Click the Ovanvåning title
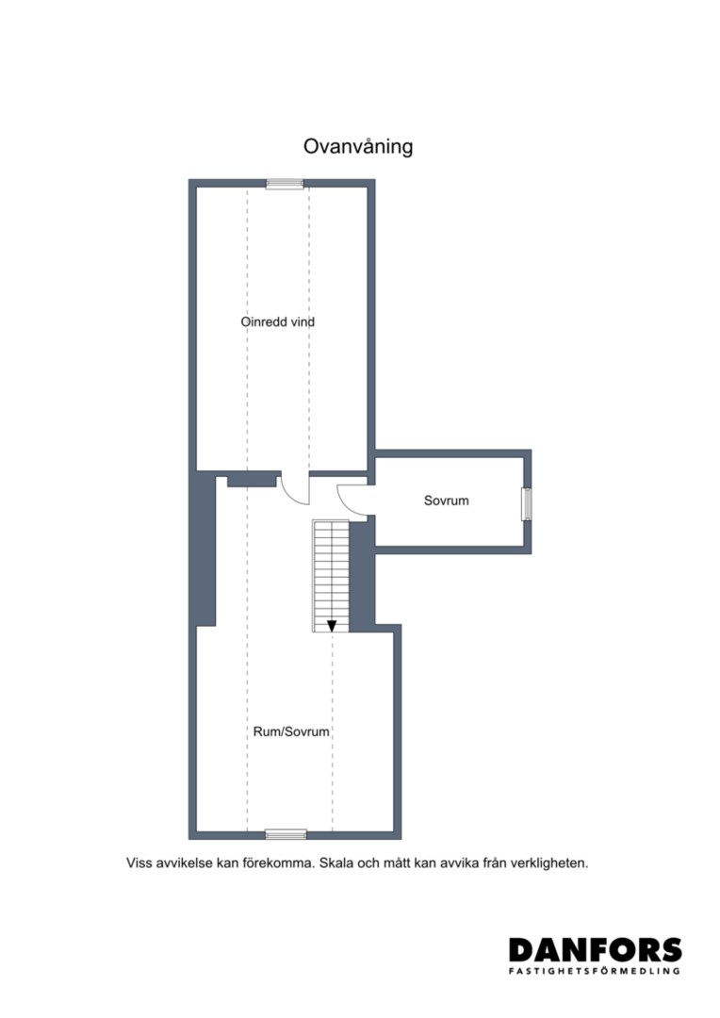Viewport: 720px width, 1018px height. click(x=358, y=147)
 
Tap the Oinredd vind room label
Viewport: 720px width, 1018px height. click(x=278, y=321)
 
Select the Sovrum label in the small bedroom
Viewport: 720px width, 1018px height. click(x=446, y=501)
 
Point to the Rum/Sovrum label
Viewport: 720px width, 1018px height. click(x=291, y=731)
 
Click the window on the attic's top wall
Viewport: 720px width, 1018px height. click(x=285, y=184)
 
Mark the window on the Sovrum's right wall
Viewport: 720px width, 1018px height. click(x=527, y=503)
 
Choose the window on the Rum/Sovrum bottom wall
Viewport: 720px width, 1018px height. click(x=286, y=834)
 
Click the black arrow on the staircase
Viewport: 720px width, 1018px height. click(x=332, y=626)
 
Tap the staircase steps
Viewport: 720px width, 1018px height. click(x=331, y=576)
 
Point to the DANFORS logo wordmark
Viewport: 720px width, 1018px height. click(x=596, y=950)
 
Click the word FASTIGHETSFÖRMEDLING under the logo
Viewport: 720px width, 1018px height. click(x=595, y=971)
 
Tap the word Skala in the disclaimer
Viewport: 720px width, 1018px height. click(x=335, y=863)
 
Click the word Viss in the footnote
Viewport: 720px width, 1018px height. click(x=139, y=863)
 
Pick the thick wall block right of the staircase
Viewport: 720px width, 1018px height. click(x=362, y=575)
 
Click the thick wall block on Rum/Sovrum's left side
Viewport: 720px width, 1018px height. click(x=205, y=550)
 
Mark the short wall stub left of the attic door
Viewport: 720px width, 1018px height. click(x=252, y=481)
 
